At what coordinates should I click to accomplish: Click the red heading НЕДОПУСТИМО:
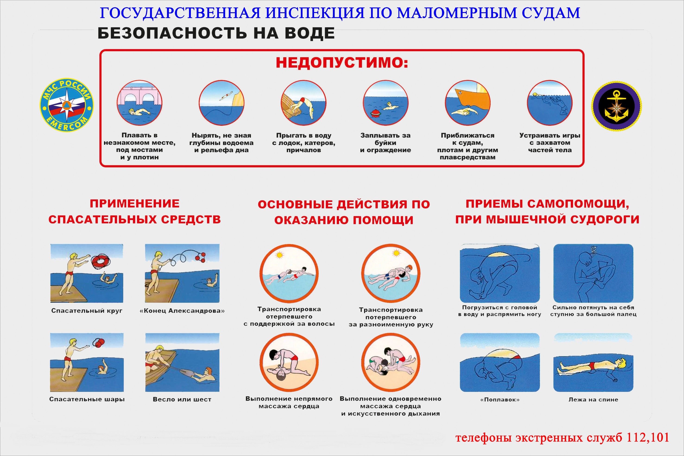[342, 63]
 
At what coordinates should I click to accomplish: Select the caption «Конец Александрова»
[182, 311]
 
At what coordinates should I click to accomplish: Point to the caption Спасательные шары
[87, 399]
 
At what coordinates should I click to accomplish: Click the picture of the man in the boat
[182, 362]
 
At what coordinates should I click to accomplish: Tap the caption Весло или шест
[182, 399]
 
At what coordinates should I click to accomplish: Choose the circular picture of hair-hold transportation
[289, 274]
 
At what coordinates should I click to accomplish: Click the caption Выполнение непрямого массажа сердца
[289, 403]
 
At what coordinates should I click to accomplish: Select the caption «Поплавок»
[500, 399]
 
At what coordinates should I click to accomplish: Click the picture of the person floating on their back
[593, 362]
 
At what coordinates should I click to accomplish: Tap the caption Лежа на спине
[593, 399]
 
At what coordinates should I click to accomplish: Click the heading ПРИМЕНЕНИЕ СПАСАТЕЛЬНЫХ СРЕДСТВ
[135, 211]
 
